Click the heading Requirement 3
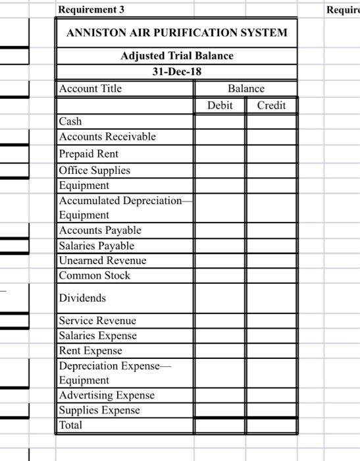point(91,10)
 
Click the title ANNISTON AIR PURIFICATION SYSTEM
point(176,33)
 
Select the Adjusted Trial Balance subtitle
point(176,56)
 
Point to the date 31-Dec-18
point(176,71)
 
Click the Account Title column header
point(91,88)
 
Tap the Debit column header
point(220,105)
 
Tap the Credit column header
point(271,105)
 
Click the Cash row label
point(71,121)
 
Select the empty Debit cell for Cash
point(220,121)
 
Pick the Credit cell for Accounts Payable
point(271,230)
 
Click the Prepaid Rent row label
point(89,153)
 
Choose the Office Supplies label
point(95,170)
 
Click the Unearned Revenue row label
point(103,260)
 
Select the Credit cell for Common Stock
point(271,275)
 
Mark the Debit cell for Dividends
point(220,298)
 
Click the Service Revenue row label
point(97,321)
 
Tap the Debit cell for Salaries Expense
point(220,335)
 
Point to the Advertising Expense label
point(107,395)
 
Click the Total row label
point(71,425)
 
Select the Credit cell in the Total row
point(271,425)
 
